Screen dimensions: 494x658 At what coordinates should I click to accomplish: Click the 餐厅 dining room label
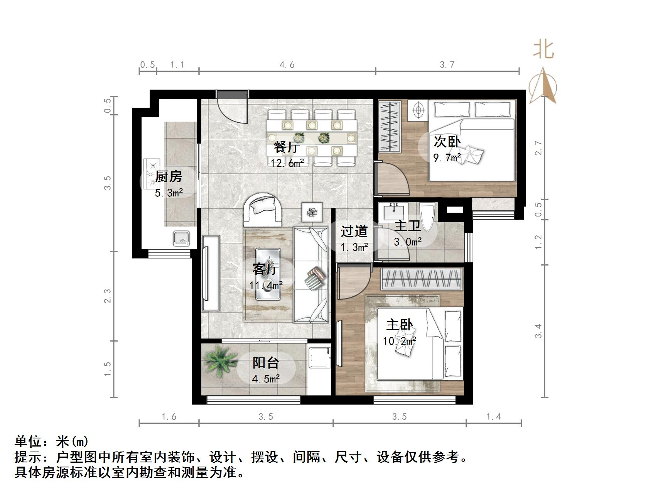[287, 147]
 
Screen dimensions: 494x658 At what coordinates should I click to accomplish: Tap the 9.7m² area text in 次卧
[447, 157]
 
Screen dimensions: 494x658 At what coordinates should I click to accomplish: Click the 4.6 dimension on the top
[287, 65]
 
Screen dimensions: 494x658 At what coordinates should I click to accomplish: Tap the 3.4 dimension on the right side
[538, 331]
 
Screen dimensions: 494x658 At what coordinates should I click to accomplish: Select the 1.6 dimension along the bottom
[169, 417]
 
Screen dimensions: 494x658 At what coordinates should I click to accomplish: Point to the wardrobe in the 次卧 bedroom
[390, 125]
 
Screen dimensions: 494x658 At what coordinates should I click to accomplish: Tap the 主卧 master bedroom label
[400, 325]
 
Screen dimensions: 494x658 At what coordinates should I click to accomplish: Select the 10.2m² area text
[400, 341]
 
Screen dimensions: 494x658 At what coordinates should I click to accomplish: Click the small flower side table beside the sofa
[312, 212]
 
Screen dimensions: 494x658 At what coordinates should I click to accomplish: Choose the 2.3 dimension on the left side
[108, 296]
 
